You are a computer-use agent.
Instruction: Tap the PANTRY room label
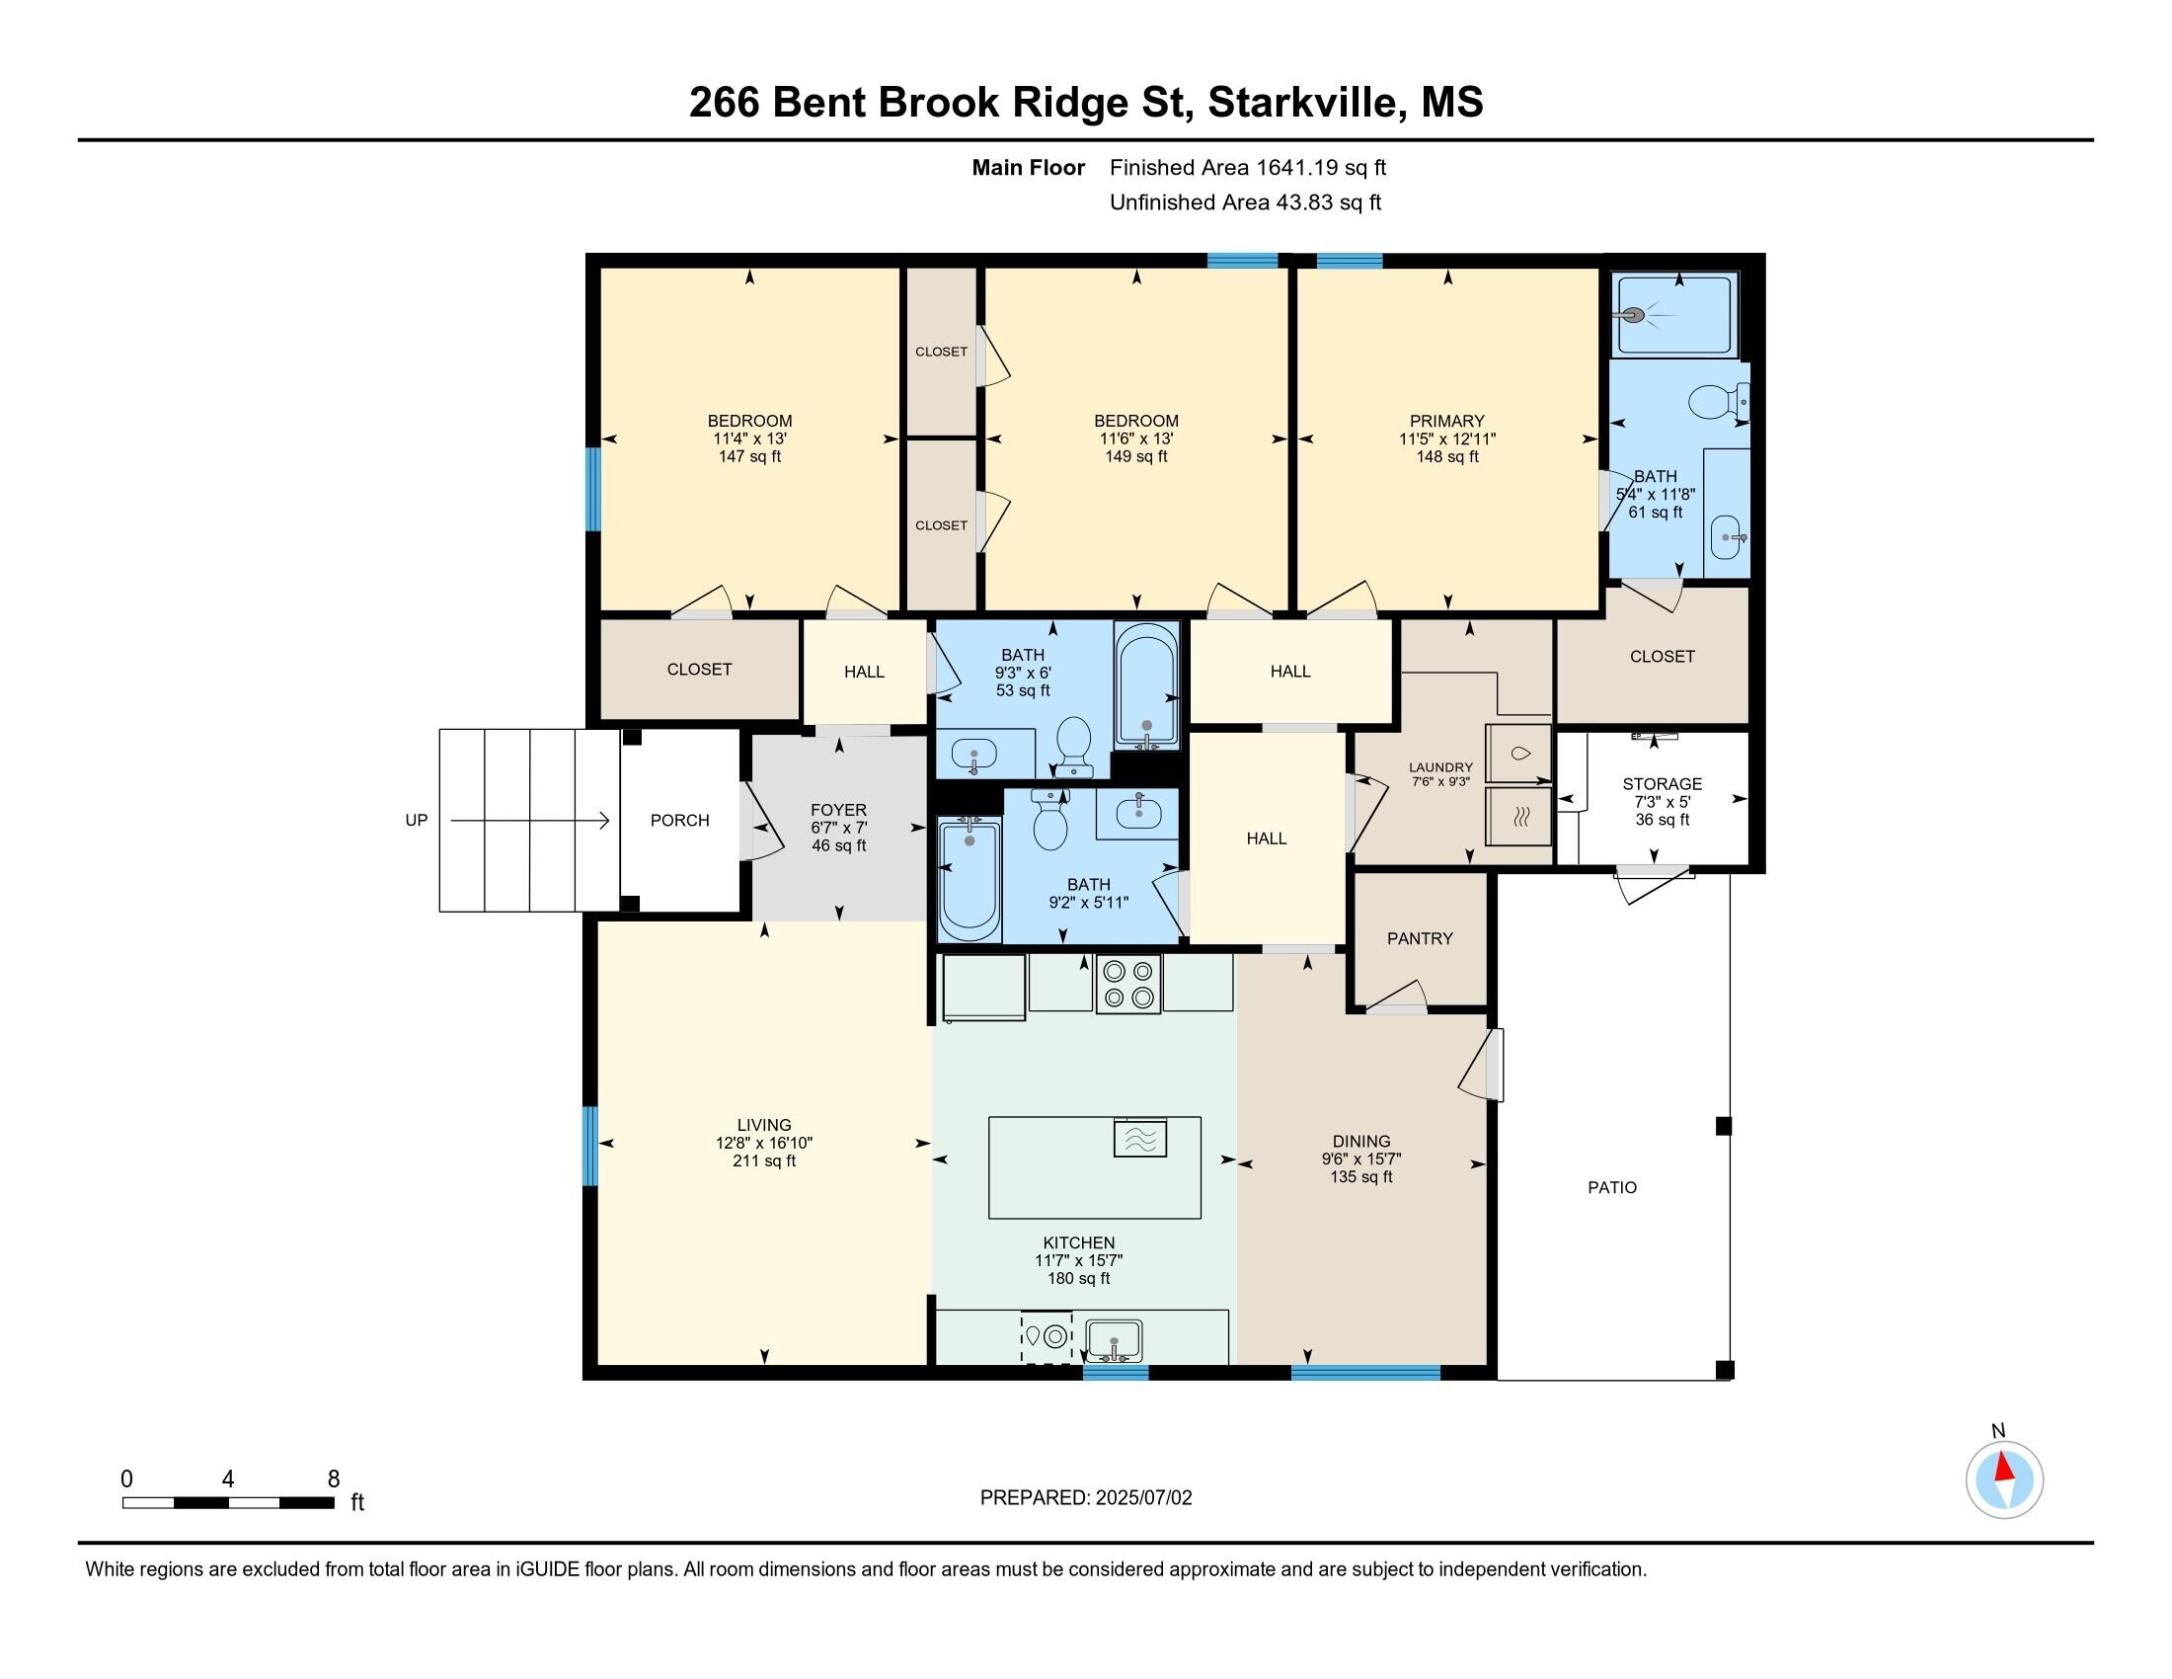pos(1419,938)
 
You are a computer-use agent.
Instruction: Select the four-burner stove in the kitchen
pos(1127,984)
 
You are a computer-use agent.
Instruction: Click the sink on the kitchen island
pos(1139,1137)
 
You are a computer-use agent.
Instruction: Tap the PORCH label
pos(679,821)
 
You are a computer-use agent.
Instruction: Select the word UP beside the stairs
pos(416,821)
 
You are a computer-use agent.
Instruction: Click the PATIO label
pos(1612,1186)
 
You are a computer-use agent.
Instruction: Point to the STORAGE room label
pos(1662,784)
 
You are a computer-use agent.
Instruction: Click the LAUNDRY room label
pos(1440,766)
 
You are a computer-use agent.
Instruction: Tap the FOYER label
pos(838,810)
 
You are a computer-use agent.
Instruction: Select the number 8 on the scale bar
pos(333,1479)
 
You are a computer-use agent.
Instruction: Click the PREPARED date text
pos(1086,1497)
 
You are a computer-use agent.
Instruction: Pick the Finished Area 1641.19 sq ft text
pos(1248,167)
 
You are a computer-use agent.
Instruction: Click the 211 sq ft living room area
pos(764,1160)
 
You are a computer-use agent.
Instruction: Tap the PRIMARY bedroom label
pos(1447,421)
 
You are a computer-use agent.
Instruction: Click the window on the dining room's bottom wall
pos(1365,1373)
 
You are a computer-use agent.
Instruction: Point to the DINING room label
pos(1361,1141)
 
